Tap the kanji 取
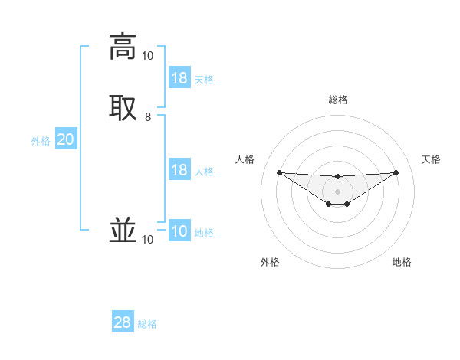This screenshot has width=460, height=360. (x=122, y=106)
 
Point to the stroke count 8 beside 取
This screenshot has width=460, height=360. (x=148, y=117)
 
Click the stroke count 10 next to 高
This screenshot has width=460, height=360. (x=147, y=56)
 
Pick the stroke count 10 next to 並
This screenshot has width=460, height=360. (x=147, y=240)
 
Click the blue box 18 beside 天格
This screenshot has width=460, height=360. (x=179, y=78)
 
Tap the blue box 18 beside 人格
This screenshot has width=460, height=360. (x=179, y=170)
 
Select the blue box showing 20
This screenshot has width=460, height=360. (x=66, y=139)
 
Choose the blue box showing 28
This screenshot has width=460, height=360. (x=123, y=322)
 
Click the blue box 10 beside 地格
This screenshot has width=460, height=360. (x=179, y=231)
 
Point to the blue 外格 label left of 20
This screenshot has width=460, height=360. (x=41, y=141)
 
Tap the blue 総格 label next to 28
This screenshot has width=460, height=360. (x=147, y=324)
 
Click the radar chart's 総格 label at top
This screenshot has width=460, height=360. (x=338, y=100)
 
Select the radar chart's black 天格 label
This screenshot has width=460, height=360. (x=431, y=159)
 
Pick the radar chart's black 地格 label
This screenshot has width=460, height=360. (x=402, y=262)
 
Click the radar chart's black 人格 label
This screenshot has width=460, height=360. (x=245, y=159)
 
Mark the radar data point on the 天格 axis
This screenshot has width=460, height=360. (x=396, y=172)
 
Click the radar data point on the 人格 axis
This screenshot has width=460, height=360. (x=280, y=172)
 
